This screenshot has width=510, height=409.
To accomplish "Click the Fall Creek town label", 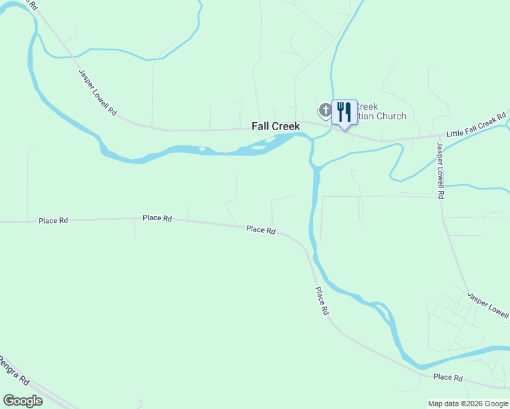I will click(x=276, y=126).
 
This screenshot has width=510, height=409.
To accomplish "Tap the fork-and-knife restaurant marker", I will click(x=344, y=112).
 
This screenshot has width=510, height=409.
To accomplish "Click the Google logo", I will click(x=22, y=401).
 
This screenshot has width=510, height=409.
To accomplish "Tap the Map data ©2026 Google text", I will click(x=468, y=404).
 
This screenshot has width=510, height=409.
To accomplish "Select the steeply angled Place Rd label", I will click(x=322, y=300).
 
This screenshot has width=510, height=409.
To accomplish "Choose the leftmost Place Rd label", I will click(x=53, y=220).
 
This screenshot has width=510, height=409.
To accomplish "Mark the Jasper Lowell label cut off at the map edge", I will click(x=488, y=305).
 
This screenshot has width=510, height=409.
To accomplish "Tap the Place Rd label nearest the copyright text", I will click(x=448, y=377).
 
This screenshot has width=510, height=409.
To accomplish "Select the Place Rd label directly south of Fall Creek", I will click(x=260, y=230).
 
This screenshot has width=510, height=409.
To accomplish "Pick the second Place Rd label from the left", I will click(x=157, y=218).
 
